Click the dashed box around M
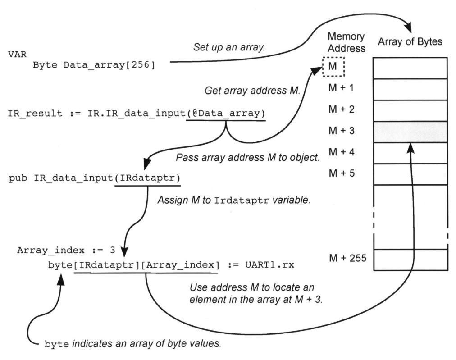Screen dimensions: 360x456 click(333, 67)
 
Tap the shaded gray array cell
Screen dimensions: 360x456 click(410, 132)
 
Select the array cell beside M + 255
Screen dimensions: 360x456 click(410, 260)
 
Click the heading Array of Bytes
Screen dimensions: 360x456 click(410, 42)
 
